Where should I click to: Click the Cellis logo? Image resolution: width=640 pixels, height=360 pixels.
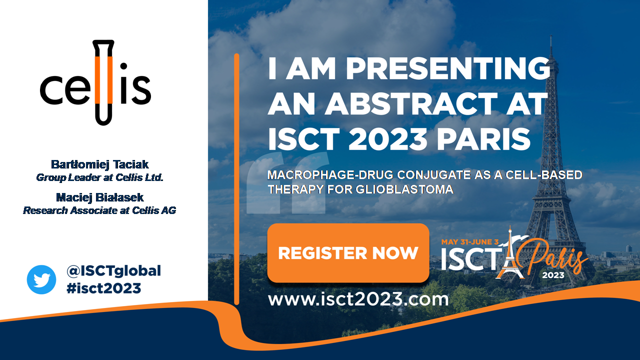95,82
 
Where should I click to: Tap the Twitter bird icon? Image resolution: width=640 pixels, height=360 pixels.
41,279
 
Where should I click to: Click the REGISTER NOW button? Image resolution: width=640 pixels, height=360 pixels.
348,252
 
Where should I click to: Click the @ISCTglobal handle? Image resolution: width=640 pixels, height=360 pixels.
113,270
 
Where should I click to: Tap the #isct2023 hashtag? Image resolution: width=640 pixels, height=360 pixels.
103,288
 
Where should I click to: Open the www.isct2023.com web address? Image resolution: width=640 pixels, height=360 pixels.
358,299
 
